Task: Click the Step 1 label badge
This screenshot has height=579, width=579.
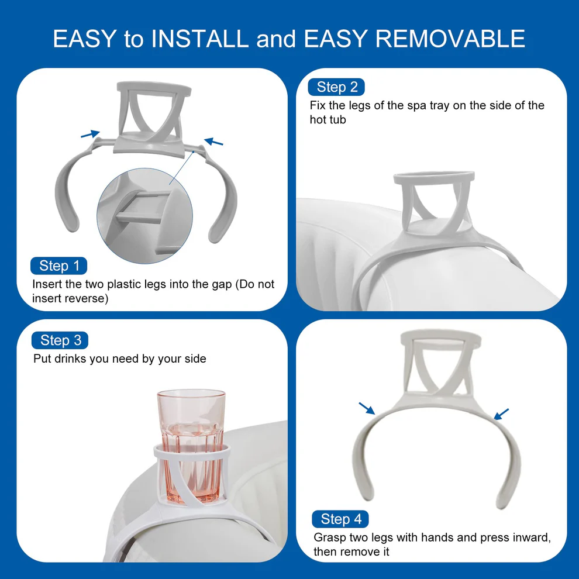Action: (x=58, y=266)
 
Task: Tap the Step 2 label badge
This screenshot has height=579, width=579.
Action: (x=336, y=87)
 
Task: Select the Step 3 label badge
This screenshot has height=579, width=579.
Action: (x=60, y=340)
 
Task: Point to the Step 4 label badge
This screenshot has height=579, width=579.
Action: (x=340, y=519)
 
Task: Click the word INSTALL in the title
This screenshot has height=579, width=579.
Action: (x=200, y=39)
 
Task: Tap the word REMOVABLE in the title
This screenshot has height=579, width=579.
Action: (x=450, y=39)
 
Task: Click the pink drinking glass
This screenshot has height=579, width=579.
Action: (x=191, y=446)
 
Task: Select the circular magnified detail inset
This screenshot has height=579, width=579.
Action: (x=145, y=216)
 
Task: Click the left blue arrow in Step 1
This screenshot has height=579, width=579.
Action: (x=90, y=134)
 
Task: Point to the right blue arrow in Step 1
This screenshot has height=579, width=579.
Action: (x=214, y=142)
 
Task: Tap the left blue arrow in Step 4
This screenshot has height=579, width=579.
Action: (x=367, y=408)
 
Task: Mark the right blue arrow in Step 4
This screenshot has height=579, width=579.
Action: (x=501, y=414)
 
